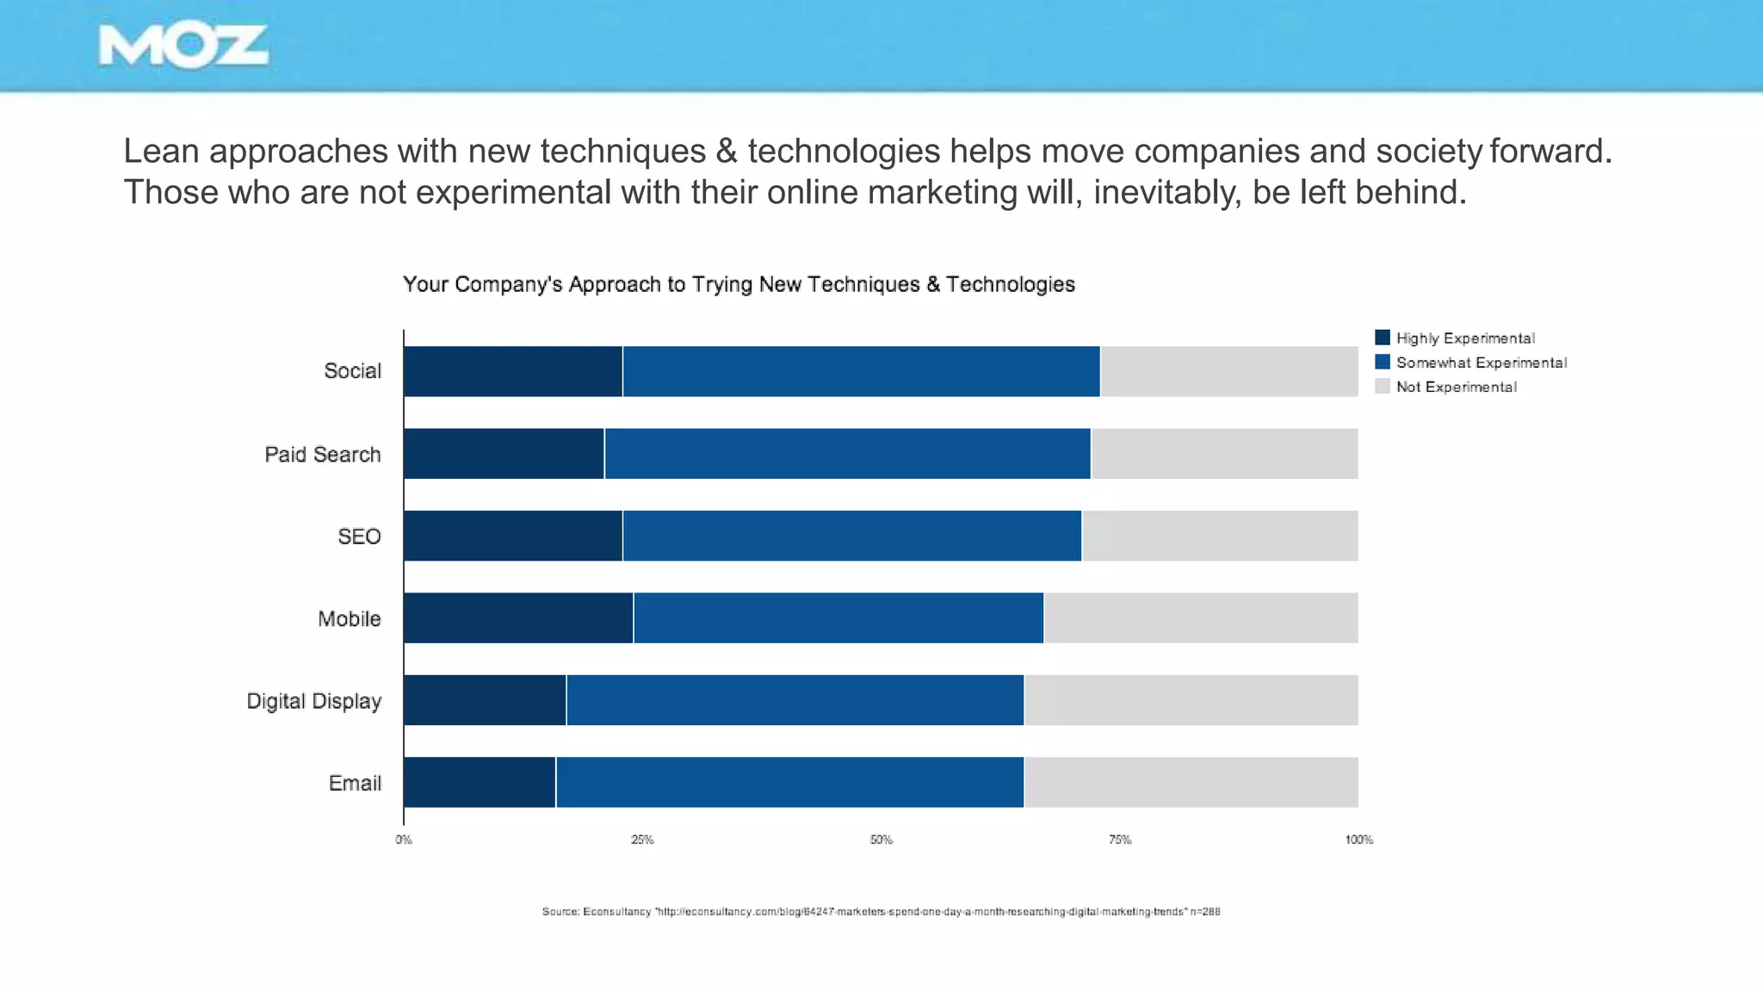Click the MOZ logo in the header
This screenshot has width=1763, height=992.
(x=183, y=46)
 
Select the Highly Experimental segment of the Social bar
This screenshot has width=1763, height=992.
(x=513, y=371)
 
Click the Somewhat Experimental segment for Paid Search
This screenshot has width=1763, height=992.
(x=847, y=454)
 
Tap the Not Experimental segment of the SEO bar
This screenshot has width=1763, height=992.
(x=1220, y=536)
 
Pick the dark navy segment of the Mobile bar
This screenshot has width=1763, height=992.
(x=518, y=617)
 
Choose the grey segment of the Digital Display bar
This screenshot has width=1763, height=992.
(x=1191, y=700)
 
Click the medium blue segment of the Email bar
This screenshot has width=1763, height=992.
(x=789, y=782)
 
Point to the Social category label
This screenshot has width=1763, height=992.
(x=352, y=371)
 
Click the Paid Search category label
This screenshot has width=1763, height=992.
(x=323, y=455)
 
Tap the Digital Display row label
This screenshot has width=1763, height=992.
(x=313, y=701)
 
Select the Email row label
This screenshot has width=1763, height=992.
(x=355, y=783)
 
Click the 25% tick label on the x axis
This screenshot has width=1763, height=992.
(x=642, y=840)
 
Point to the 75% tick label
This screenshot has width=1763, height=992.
(x=1120, y=840)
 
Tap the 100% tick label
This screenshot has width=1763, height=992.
(x=1358, y=840)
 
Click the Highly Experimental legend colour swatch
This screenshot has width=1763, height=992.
(x=1383, y=338)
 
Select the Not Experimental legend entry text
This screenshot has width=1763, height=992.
(x=1457, y=387)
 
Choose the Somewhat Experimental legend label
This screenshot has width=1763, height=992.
(x=1482, y=363)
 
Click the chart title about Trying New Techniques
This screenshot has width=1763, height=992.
(x=739, y=284)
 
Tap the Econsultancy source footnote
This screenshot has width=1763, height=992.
(x=881, y=911)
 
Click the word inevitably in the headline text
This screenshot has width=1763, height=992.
(x=1167, y=192)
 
